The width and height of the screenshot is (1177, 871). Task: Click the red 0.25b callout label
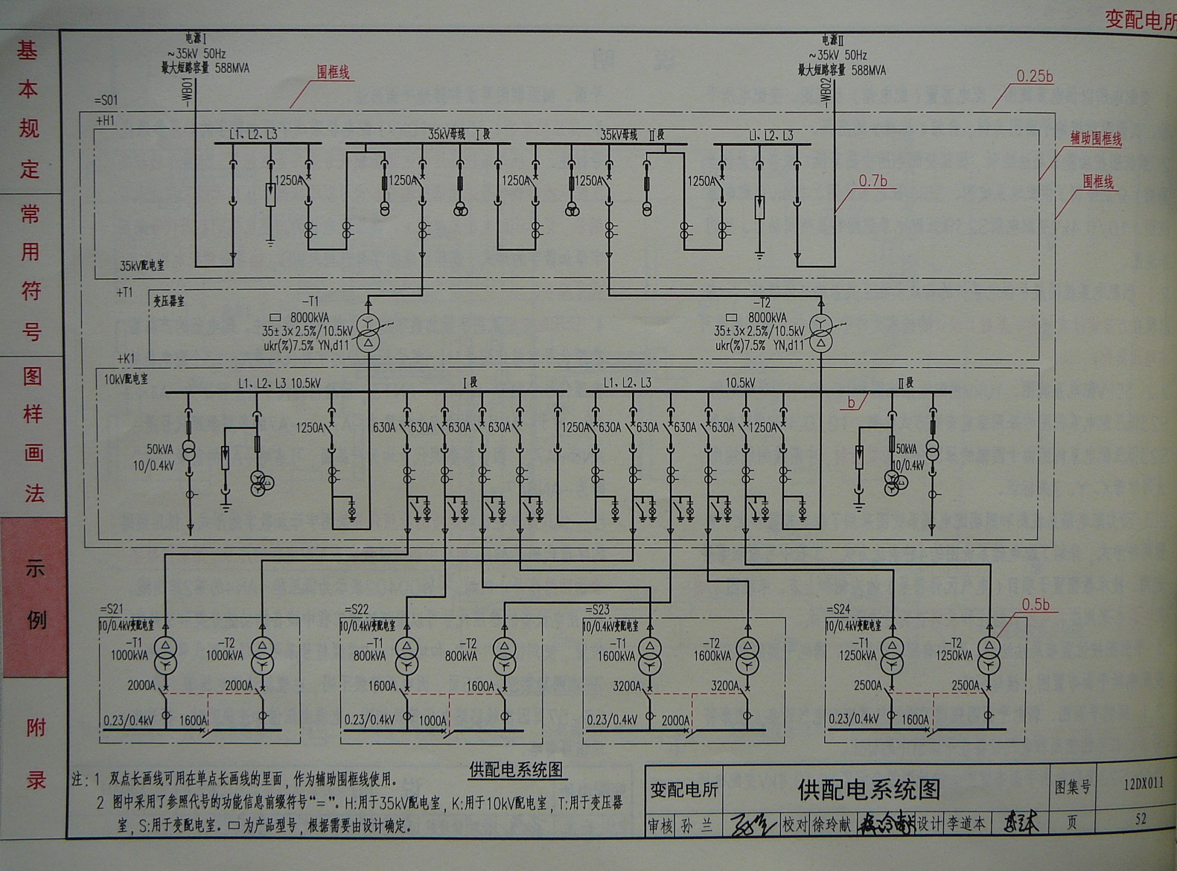[x=1034, y=76]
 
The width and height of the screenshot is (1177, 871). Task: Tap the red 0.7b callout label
[x=873, y=181]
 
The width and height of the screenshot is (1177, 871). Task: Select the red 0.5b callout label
[x=1035, y=604]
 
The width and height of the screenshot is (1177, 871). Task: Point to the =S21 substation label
[x=112, y=609]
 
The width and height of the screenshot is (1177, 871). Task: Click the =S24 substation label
[x=838, y=609]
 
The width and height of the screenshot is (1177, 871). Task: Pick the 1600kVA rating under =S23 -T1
[x=616, y=656]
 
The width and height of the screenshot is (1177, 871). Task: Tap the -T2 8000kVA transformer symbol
[x=820, y=332]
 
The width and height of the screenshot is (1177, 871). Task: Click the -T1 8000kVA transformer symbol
[x=368, y=332]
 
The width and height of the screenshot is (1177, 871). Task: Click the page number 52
[x=1141, y=819]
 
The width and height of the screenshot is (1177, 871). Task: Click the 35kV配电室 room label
[x=142, y=265]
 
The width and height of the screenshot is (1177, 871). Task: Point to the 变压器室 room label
[x=169, y=301]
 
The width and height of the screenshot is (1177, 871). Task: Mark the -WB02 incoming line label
[x=825, y=93]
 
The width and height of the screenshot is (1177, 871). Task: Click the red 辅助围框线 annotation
[x=1095, y=138]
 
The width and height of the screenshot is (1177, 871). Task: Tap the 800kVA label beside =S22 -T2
[x=461, y=656]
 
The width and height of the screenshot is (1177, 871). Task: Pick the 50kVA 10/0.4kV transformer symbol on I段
[x=189, y=453]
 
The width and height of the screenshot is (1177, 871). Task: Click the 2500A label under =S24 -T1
[x=867, y=685]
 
